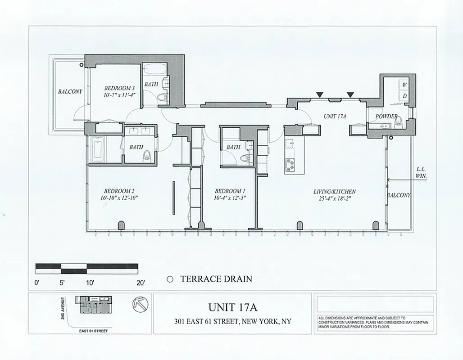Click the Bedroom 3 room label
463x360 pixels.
click(119, 88)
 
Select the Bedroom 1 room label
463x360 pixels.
click(230, 190)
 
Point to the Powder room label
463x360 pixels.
click(386, 117)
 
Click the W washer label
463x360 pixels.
click(404, 85)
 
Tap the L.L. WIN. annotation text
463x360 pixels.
click(421, 173)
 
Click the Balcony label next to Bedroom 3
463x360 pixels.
click(70, 92)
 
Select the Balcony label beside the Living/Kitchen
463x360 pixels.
click(399, 195)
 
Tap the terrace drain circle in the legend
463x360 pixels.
click(170, 279)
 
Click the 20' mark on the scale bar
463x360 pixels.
click(140, 283)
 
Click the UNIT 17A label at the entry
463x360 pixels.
click(335, 116)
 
